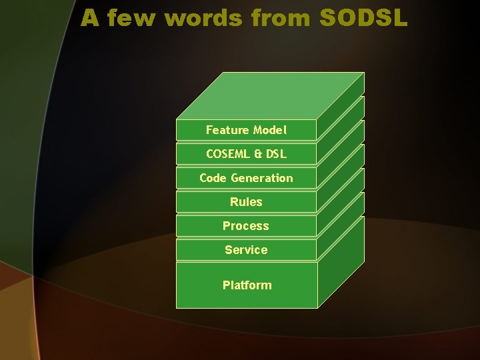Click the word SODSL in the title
[x=363, y=18]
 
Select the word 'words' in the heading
[x=203, y=18]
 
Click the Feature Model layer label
[x=246, y=130]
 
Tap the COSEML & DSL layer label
[x=246, y=154]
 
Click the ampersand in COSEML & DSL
[x=257, y=154]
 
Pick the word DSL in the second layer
[x=276, y=154]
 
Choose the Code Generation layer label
[x=246, y=178]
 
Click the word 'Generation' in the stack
[x=262, y=178]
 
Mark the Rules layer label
[x=246, y=202]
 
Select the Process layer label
[x=246, y=226]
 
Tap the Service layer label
[x=246, y=250]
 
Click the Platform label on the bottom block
[x=247, y=285]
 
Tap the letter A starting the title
[x=90, y=18]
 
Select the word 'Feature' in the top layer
[x=227, y=130]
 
